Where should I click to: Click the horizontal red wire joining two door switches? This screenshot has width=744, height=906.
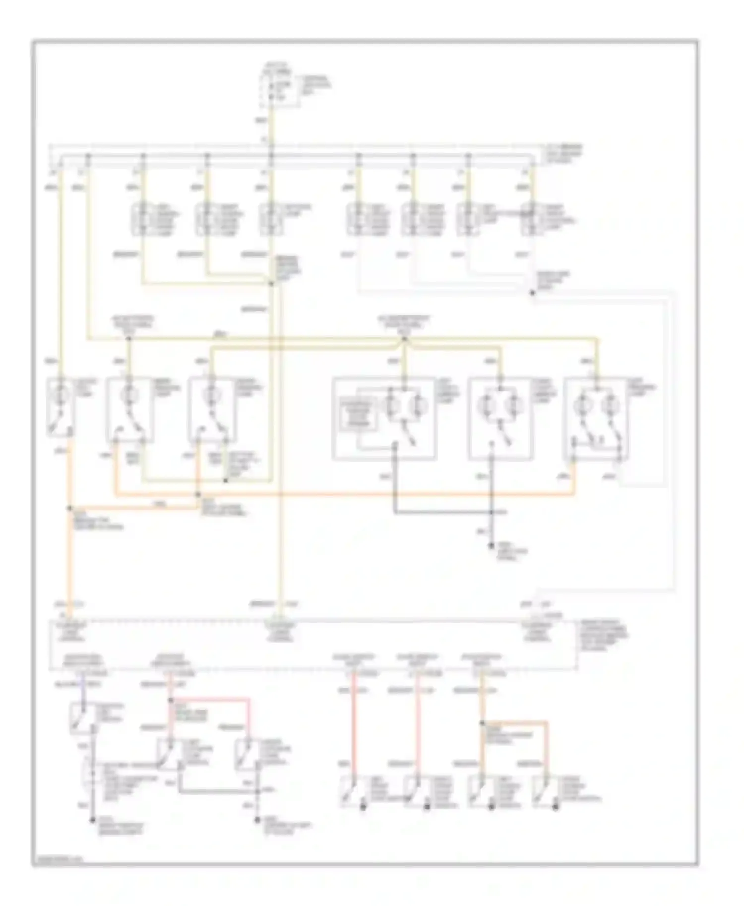[x=209, y=700]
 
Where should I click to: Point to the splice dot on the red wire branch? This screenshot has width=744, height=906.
[x=170, y=700]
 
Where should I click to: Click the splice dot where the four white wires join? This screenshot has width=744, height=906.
[x=532, y=293]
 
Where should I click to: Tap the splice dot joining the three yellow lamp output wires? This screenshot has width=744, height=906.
[x=271, y=284]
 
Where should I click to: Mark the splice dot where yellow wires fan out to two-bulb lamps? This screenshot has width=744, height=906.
[x=404, y=340]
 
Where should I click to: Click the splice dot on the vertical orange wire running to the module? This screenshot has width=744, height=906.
[x=70, y=509]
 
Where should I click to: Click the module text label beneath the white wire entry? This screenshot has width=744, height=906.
[x=537, y=632]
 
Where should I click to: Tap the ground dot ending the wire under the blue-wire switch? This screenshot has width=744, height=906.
[x=92, y=820]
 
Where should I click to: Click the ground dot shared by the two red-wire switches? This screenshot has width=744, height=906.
[x=257, y=820]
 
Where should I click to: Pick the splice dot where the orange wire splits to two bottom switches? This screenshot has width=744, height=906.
[x=482, y=723]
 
